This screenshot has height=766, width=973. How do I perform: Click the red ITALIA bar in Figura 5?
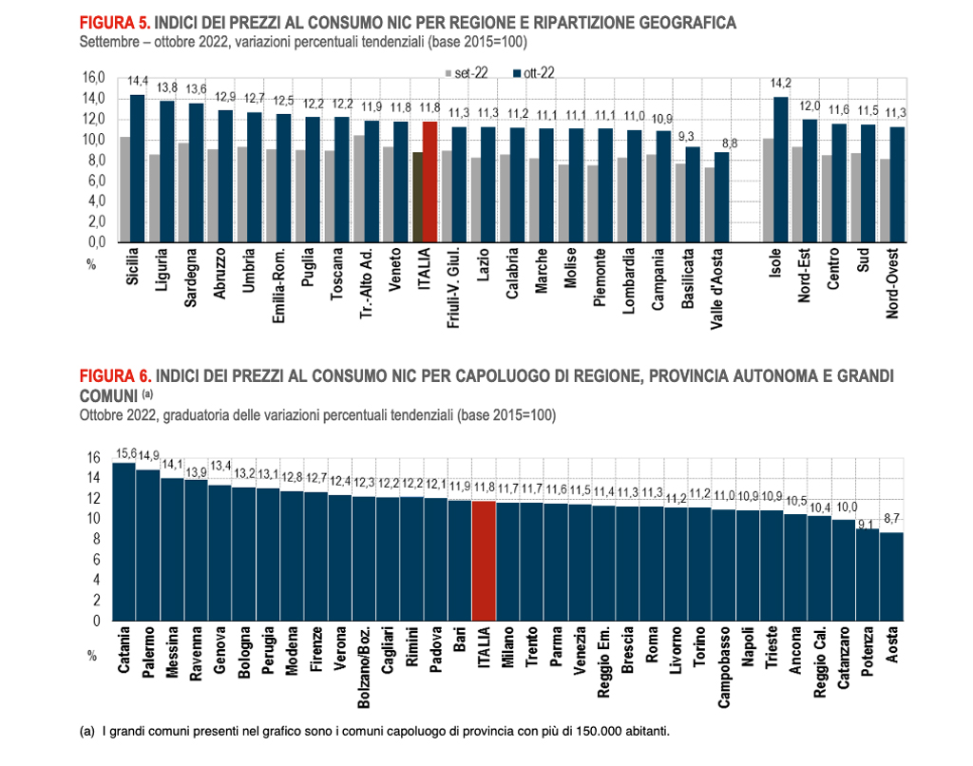(429, 182)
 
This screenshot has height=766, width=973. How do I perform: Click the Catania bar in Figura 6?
(124, 542)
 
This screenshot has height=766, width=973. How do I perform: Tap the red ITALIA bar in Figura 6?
(484, 561)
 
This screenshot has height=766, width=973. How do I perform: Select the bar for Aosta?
(892, 576)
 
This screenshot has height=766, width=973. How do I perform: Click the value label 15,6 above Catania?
(124, 454)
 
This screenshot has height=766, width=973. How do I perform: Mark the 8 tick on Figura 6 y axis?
(93, 539)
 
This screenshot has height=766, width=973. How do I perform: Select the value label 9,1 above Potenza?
(866, 523)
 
